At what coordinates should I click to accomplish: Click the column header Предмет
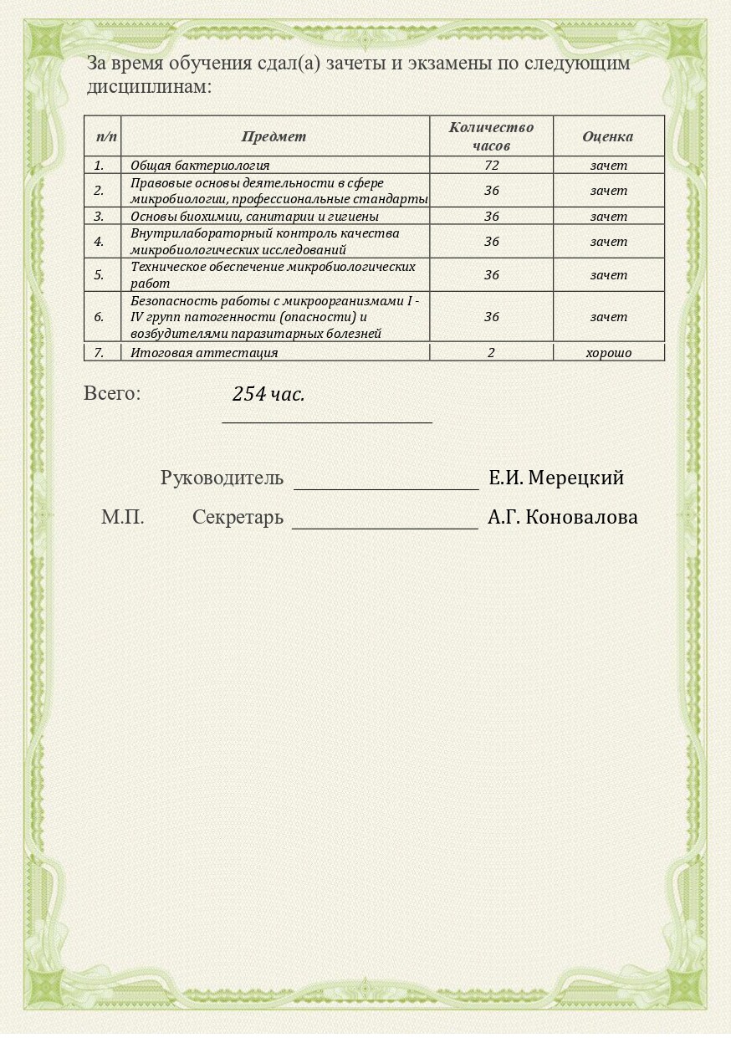(273, 136)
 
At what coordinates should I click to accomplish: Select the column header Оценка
(607, 136)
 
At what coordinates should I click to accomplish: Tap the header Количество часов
(491, 136)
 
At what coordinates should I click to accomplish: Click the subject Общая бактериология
(200, 166)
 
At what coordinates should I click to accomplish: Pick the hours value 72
(491, 166)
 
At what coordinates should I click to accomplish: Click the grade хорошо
(608, 353)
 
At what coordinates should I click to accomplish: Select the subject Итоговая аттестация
(204, 353)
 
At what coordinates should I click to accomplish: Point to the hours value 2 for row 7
(491, 353)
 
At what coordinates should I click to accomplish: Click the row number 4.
(99, 242)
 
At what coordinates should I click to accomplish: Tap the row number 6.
(99, 317)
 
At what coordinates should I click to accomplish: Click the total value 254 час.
(268, 395)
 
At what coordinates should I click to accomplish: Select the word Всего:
(112, 393)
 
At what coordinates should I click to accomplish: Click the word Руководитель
(222, 478)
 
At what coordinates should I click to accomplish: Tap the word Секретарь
(238, 518)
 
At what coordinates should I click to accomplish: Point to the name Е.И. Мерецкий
(556, 478)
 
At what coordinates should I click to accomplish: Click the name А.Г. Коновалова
(563, 518)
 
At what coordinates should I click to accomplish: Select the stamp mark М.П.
(123, 518)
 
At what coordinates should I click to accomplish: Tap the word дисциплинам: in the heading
(149, 87)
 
